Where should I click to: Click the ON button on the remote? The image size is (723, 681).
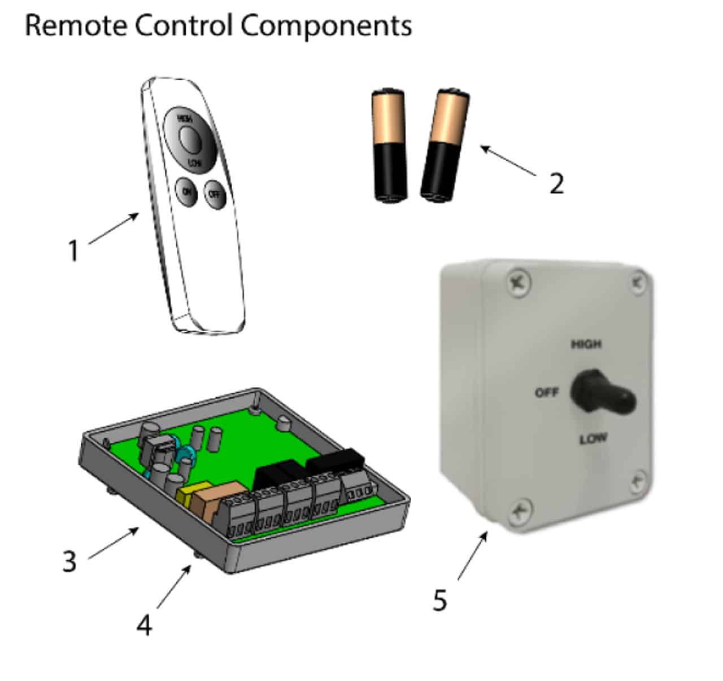185,192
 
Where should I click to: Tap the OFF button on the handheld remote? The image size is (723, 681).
215,194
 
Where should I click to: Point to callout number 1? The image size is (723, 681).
73,251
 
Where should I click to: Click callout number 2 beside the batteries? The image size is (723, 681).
556,183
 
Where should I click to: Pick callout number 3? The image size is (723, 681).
69,561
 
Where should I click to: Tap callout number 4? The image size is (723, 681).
145,625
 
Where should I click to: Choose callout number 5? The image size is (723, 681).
439,600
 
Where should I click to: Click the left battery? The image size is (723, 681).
389,145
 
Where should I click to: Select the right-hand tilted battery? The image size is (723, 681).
445,146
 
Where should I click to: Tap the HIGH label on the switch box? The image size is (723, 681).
586,344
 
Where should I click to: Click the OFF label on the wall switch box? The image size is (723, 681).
546,392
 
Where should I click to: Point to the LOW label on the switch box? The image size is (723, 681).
593,438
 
